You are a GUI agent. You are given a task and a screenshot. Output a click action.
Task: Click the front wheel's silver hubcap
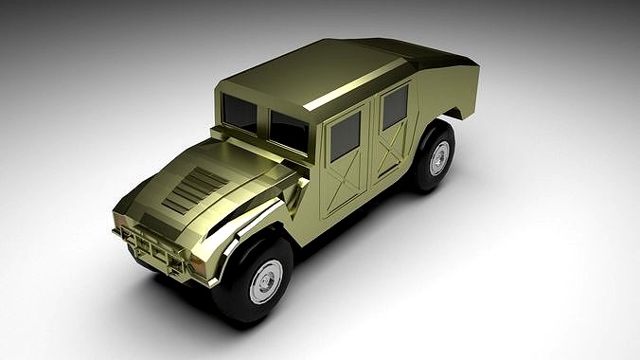pyautogui.click(x=266, y=281)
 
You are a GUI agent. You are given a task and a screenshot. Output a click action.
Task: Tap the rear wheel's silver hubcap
pyautogui.click(x=438, y=158)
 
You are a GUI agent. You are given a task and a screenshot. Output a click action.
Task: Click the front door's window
pyautogui.click(x=345, y=135)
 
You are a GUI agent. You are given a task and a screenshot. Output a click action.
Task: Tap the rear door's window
pyautogui.click(x=395, y=106)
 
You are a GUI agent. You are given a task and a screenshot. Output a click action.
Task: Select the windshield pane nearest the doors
pyautogui.click(x=290, y=131)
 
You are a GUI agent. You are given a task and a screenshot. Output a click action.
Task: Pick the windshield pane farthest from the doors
pyautogui.click(x=240, y=114)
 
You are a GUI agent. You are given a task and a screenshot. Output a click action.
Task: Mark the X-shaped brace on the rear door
pyautogui.click(x=391, y=152)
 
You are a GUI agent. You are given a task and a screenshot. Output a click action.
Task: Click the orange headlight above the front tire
pyautogui.click(x=199, y=267)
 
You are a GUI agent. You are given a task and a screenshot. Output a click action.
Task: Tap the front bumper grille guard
pyautogui.click(x=151, y=248)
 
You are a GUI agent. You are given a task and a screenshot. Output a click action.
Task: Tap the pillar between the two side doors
pyautogui.click(x=372, y=142)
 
